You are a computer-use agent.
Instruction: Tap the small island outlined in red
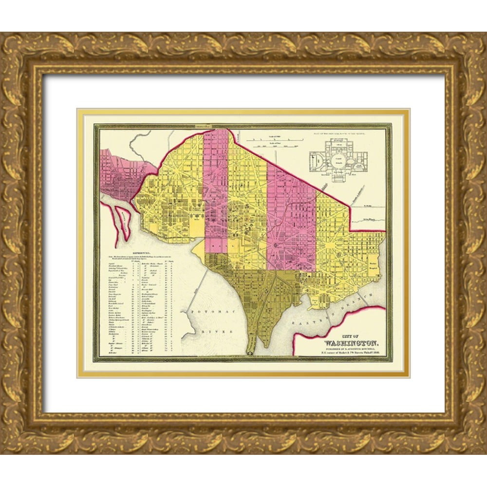(x=120, y=222)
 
